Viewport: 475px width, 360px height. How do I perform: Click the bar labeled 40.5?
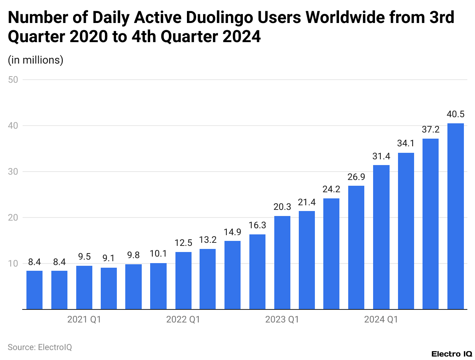(x=455, y=216)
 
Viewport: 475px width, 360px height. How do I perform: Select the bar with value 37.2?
(x=431, y=224)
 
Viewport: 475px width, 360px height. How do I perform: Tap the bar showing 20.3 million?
(x=282, y=262)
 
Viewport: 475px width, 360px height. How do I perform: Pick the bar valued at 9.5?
(x=84, y=287)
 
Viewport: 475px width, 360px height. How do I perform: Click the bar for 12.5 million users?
(x=183, y=280)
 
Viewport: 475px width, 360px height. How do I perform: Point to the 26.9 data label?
(x=356, y=177)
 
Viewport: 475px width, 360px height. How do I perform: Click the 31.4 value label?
(x=381, y=157)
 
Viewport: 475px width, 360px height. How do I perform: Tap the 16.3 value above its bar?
(x=257, y=226)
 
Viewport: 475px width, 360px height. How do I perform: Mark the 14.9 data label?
(x=233, y=232)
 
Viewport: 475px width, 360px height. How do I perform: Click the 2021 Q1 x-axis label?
(x=84, y=319)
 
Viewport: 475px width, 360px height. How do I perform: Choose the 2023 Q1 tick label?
(x=282, y=319)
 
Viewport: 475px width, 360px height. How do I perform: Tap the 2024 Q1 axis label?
(x=381, y=319)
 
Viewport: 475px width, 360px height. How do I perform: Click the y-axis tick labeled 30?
(x=14, y=172)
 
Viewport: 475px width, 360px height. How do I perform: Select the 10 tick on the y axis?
(x=14, y=263)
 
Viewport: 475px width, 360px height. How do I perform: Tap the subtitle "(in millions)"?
(x=35, y=60)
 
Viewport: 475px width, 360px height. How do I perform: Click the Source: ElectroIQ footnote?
(x=40, y=347)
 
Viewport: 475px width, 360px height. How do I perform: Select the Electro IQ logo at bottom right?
(x=451, y=353)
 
